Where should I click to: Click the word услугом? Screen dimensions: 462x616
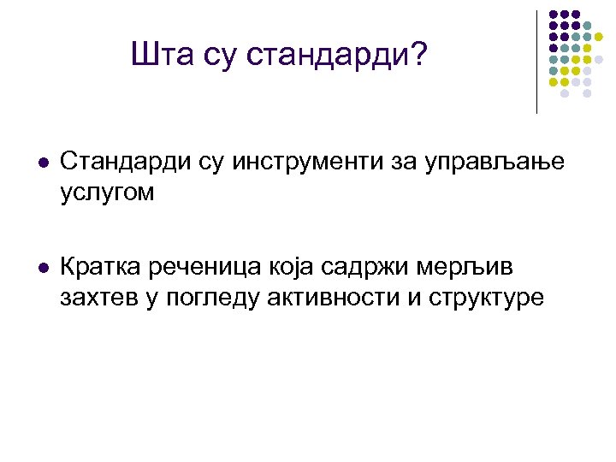pyautogui.click(x=108, y=192)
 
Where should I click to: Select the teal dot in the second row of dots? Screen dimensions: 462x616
pyautogui.click(x=588, y=26)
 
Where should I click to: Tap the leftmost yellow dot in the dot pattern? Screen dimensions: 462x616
pyautogui.click(x=554, y=82)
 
